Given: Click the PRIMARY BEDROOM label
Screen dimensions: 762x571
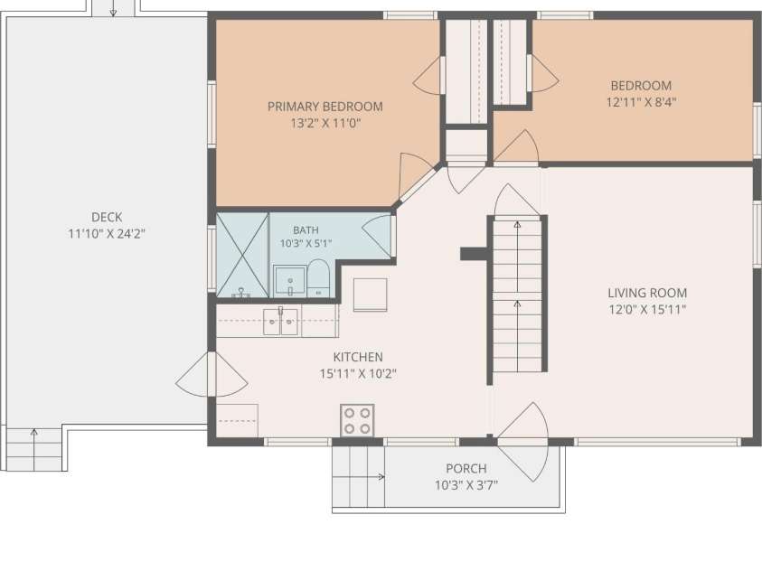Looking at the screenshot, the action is coord(325,107).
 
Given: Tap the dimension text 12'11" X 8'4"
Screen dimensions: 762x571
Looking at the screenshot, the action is coord(642,102).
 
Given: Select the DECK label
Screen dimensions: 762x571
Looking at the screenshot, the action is coord(107,217).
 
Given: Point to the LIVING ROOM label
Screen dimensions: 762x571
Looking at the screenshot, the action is coord(647,293).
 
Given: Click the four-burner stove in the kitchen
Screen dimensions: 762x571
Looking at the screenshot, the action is coord(357,420).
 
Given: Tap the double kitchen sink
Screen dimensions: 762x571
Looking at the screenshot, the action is coord(280,322).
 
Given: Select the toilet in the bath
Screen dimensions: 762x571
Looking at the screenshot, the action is coord(318,278).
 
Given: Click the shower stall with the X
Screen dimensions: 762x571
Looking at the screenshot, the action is coord(242,255).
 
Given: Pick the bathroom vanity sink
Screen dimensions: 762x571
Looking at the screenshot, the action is coord(289,282).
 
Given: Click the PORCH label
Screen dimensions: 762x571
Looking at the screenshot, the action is coord(466,469).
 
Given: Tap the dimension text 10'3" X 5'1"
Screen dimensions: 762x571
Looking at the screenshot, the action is coord(306,243).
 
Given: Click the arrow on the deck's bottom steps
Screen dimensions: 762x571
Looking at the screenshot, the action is coord(34,450).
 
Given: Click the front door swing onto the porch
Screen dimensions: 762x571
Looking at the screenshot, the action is coord(522,442).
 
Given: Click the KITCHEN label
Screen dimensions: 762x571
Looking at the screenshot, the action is coord(358,357).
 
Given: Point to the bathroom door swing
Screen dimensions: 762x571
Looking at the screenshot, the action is coord(377,237).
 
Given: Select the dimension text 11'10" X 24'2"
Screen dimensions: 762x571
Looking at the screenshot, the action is coord(107,233).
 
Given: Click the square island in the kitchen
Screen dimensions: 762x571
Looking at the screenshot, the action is coord(371,295).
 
